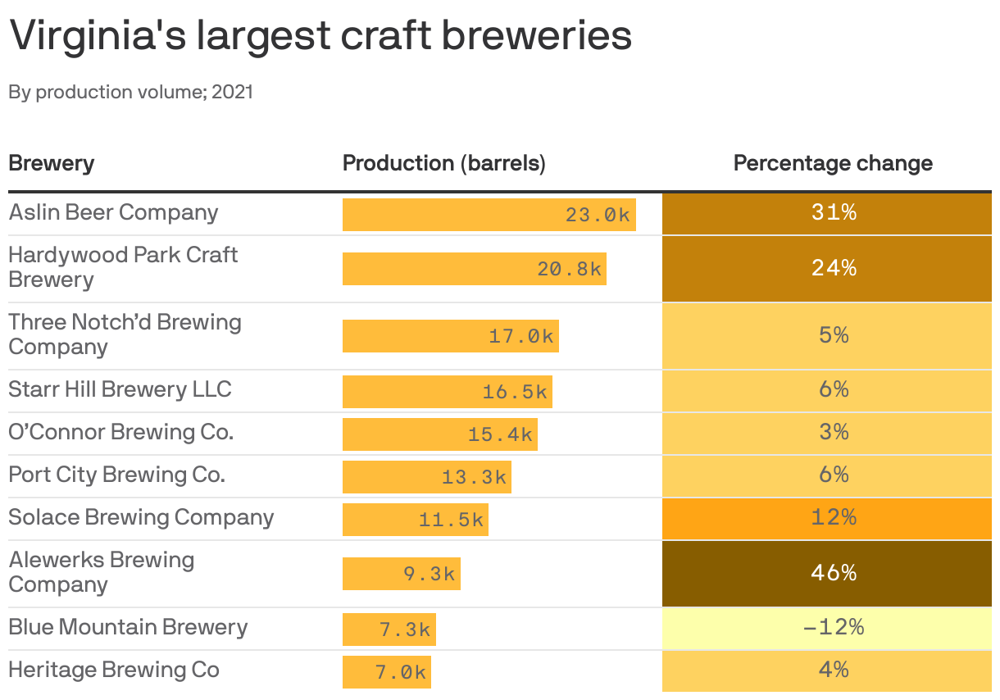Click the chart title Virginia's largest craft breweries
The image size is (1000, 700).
[320, 36]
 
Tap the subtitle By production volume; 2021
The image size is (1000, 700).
[131, 92]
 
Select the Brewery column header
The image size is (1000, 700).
[51, 163]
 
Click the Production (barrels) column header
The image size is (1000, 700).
[443, 163]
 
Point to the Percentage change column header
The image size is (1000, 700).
[833, 163]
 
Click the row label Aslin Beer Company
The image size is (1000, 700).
[114, 212]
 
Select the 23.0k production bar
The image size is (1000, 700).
[489, 215]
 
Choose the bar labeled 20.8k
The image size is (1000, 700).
[474, 269]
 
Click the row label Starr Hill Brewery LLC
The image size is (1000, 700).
[120, 389]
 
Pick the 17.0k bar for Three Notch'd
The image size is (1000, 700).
[450, 336]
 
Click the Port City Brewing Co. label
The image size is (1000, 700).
[116, 475]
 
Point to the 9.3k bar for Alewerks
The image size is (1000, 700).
[401, 574]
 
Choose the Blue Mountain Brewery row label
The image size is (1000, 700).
[128, 627]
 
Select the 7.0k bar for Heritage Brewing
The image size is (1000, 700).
[386, 672]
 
